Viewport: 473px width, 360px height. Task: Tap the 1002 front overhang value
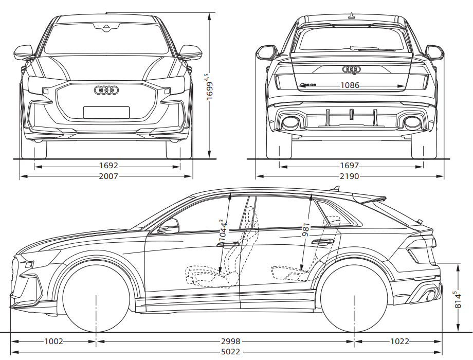(53, 341)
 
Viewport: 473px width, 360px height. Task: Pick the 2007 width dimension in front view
(108, 176)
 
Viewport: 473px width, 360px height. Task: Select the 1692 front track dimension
(108, 166)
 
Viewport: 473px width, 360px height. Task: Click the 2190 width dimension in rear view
(350, 176)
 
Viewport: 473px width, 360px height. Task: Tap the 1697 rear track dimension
(350, 166)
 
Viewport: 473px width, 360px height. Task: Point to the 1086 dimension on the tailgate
(350, 85)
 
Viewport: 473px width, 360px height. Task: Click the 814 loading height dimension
(455, 300)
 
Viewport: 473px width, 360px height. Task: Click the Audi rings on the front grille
(106, 91)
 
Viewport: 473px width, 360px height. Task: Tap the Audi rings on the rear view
(352, 69)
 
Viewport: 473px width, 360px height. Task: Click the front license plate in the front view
(106, 112)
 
